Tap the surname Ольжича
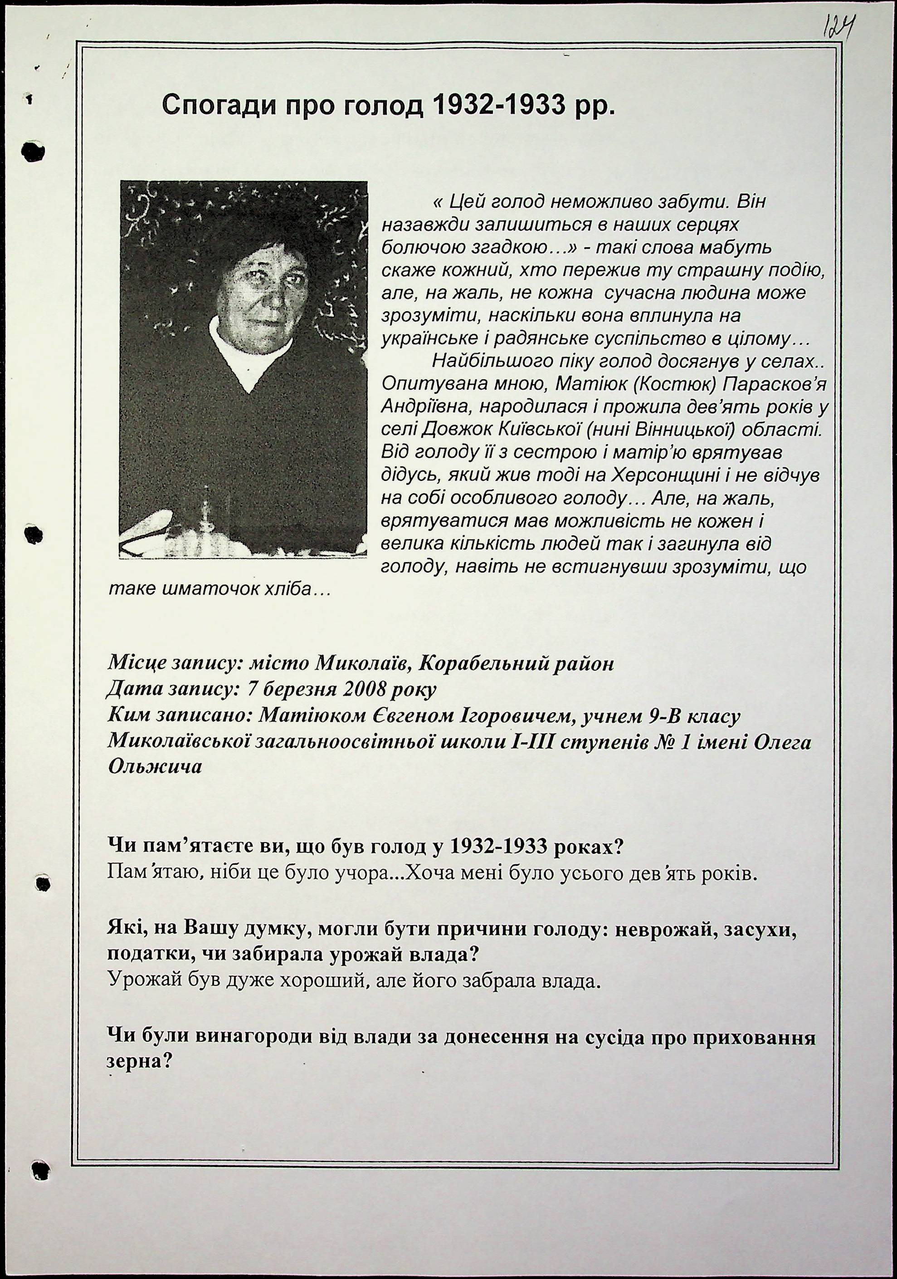[154, 766]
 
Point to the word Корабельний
[479, 664]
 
